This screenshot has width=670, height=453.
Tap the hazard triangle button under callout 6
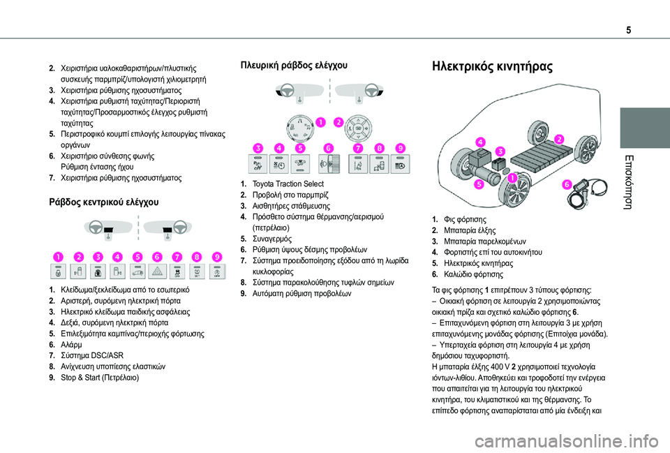[159, 271]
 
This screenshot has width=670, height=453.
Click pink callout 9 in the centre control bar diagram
[218, 256]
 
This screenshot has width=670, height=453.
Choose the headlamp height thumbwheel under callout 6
[329, 165]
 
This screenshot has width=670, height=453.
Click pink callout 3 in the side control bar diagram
[258, 149]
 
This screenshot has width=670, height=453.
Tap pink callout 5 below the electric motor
[479, 184]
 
